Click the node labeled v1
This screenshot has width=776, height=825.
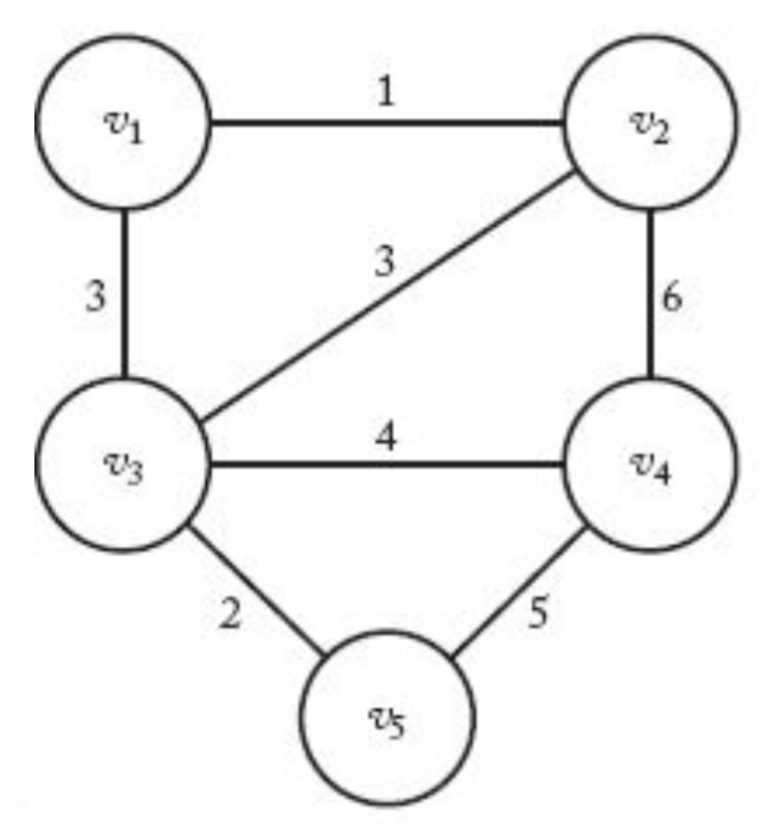click(x=123, y=122)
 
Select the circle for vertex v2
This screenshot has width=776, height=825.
click(x=651, y=122)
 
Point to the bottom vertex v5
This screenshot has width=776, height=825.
click(x=387, y=717)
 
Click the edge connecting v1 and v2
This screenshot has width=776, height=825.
click(x=387, y=123)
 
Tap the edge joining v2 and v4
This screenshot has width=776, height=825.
click(x=650, y=294)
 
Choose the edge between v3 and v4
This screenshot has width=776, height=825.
click(x=387, y=465)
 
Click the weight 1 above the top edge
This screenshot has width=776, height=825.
click(x=387, y=92)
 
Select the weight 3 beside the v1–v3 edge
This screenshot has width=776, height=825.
click(x=95, y=296)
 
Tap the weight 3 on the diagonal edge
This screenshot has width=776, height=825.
click(x=384, y=263)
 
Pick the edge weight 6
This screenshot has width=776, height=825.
click(x=672, y=296)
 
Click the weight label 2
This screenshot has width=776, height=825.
click(x=229, y=614)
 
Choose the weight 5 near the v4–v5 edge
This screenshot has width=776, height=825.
click(x=538, y=614)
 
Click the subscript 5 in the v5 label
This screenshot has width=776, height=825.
click(x=398, y=728)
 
